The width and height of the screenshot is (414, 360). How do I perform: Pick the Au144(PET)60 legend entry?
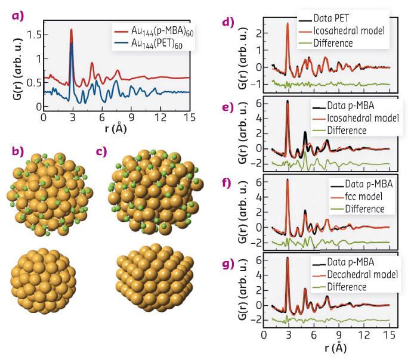click(151, 43)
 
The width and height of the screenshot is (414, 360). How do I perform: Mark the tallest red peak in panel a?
click(72, 30)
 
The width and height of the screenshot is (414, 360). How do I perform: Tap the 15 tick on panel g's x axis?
click(389, 334)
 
